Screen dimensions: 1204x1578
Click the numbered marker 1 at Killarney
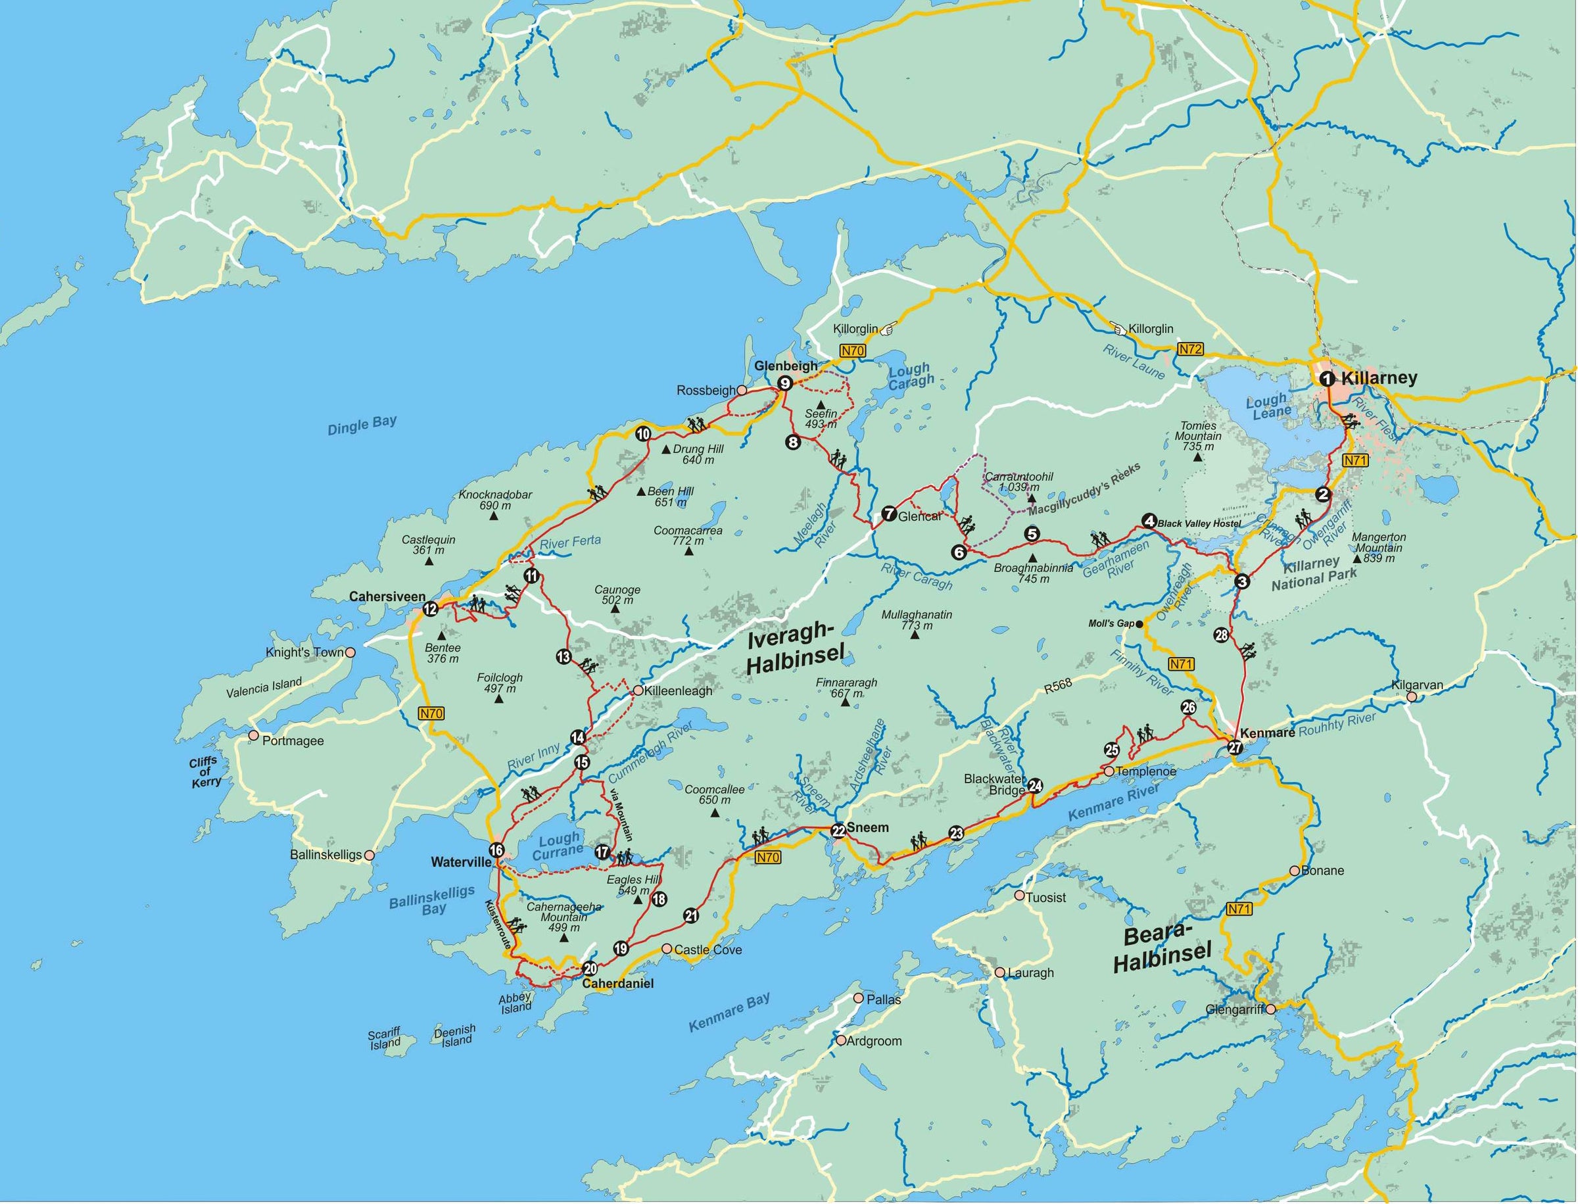click(x=1326, y=378)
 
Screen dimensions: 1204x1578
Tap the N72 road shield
click(x=1190, y=350)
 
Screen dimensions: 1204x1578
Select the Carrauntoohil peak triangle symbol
click(x=1032, y=497)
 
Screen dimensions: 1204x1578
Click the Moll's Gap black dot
click(x=1139, y=623)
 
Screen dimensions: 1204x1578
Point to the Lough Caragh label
click(x=910, y=375)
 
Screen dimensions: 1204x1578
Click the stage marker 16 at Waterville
click(x=496, y=851)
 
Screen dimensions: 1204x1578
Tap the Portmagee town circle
click(x=253, y=735)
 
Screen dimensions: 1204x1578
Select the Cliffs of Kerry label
click(x=205, y=773)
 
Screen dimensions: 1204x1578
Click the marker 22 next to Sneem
click(x=838, y=831)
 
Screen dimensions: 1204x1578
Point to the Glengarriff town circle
click(x=1270, y=1009)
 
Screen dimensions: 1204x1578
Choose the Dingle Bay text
click(x=362, y=425)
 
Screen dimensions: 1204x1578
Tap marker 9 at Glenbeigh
click(x=784, y=383)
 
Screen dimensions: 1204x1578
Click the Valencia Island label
click(x=264, y=688)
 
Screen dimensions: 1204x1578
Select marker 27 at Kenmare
click(x=1235, y=748)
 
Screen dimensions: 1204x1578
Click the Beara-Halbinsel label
click(x=1162, y=948)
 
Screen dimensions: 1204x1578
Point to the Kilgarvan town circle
click(x=1411, y=696)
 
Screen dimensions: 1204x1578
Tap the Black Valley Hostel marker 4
click(x=1149, y=521)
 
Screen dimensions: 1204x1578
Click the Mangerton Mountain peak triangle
click(x=1356, y=559)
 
